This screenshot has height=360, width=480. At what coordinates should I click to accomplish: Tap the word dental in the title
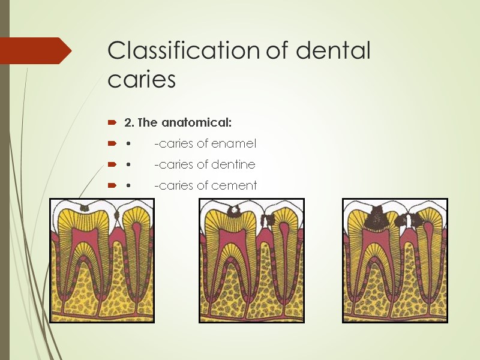(x=333, y=51)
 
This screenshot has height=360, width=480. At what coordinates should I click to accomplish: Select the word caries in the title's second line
(x=142, y=80)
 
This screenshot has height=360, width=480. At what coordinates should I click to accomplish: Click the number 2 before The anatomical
(x=128, y=123)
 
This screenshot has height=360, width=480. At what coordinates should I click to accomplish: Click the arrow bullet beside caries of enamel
(x=112, y=144)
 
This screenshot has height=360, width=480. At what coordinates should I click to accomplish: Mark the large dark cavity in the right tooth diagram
(x=377, y=217)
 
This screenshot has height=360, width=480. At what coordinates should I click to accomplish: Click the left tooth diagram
(x=101, y=260)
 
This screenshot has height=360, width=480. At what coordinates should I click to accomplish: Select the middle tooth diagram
(x=251, y=260)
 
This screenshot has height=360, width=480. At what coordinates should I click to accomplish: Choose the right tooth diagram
(x=395, y=260)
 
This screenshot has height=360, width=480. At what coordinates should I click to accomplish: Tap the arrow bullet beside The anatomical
(x=112, y=123)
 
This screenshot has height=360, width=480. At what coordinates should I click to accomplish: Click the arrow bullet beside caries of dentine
(x=112, y=165)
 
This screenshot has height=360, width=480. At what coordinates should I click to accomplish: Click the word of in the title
(x=277, y=51)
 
